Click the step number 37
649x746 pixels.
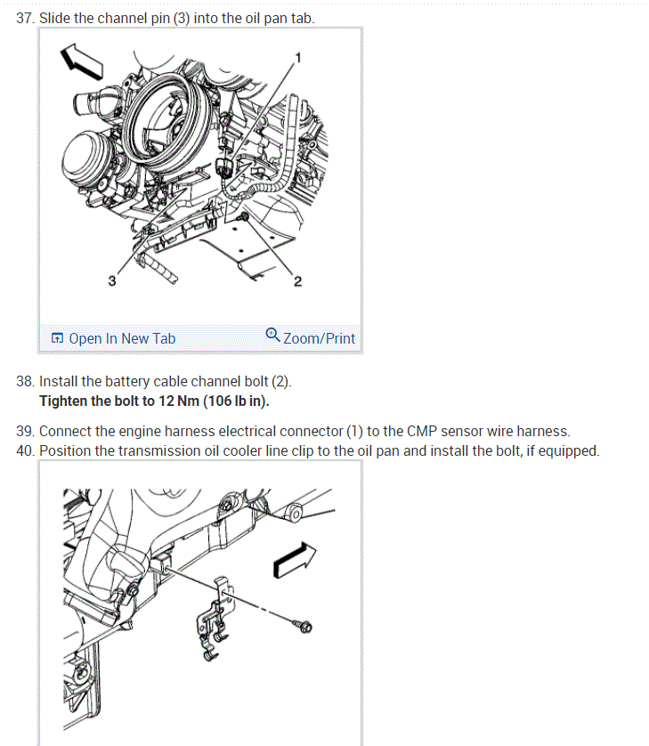click(25, 18)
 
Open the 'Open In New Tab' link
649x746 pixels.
click(121, 338)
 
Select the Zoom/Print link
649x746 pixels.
click(319, 338)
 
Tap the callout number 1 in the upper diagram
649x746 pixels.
click(298, 57)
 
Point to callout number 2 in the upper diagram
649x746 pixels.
click(297, 282)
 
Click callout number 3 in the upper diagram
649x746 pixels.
click(111, 282)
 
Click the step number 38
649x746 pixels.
click(25, 381)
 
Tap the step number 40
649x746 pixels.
click(25, 450)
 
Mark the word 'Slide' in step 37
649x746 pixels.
click(55, 18)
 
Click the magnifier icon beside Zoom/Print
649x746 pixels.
click(272, 335)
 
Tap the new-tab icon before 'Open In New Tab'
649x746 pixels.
click(58, 338)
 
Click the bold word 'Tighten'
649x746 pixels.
click(63, 401)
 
